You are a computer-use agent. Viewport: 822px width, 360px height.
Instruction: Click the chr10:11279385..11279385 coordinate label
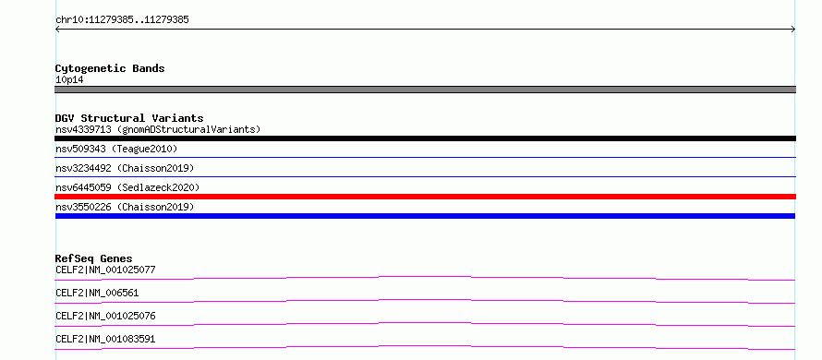tap(122, 20)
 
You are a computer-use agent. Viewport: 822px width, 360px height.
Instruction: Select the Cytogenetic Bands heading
tap(110, 68)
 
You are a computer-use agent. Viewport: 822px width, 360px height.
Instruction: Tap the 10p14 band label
tap(69, 80)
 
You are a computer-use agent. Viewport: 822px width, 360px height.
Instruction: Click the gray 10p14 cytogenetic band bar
tap(425, 90)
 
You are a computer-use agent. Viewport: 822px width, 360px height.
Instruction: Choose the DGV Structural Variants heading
tap(129, 118)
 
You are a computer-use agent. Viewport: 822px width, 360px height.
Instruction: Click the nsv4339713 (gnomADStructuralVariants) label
tap(158, 129)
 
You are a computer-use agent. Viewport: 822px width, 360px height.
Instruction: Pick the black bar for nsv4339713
tap(425, 138)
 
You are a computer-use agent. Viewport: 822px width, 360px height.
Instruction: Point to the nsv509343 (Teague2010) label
tap(116, 149)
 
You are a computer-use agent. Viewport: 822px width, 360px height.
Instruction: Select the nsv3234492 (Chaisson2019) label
tap(125, 168)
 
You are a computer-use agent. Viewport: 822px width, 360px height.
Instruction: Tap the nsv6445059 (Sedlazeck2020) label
tap(127, 187)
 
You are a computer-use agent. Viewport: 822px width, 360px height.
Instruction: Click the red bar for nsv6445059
tap(425, 197)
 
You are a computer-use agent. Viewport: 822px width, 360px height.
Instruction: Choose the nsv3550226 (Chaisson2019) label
tap(125, 207)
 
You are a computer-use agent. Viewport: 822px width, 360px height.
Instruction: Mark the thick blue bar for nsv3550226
tap(425, 216)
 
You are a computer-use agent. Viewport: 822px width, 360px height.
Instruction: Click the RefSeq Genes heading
tap(93, 258)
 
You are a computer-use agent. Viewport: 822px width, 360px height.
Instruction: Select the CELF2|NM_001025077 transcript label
tap(105, 270)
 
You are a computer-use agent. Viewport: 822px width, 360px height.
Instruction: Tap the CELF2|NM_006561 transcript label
tap(97, 293)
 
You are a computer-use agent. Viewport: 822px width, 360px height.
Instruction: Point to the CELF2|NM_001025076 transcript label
tap(105, 316)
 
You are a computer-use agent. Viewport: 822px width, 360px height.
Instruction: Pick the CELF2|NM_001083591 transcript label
tap(105, 339)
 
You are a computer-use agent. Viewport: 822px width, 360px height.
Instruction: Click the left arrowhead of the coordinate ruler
tap(55, 30)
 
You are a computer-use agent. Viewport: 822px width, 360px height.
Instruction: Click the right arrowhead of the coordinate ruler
tap(795, 30)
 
